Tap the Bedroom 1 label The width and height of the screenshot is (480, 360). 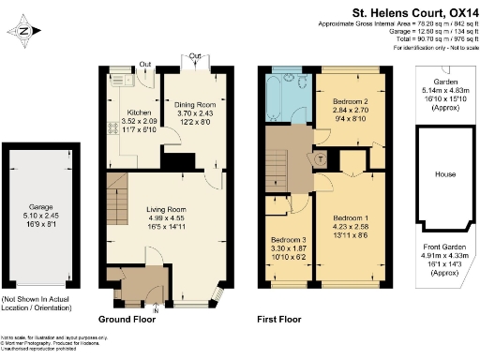coord(349,217)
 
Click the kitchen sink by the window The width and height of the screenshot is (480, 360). coord(119,81)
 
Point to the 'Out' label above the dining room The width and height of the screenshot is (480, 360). coord(194,57)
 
